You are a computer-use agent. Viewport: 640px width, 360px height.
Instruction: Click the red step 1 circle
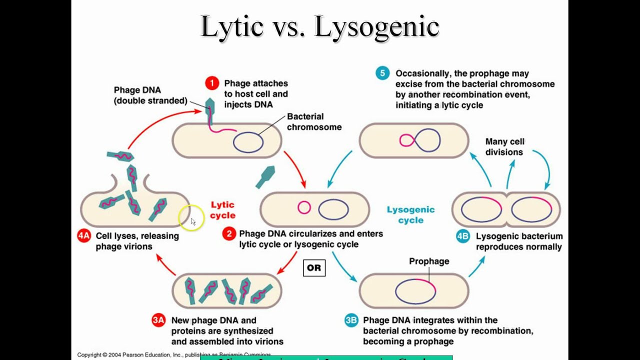coord(212,83)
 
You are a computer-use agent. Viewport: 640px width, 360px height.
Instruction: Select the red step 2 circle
coord(229,233)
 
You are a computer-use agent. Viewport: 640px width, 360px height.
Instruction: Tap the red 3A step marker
coord(158,320)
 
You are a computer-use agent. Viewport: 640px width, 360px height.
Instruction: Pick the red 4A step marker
coord(84,236)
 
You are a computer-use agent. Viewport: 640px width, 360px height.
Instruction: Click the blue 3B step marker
coord(351,320)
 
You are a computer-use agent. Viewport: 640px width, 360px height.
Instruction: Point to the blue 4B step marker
coord(463,236)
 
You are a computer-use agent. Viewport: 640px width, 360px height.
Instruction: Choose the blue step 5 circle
coord(382,73)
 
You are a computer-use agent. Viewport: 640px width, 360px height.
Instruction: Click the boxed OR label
coord(314,268)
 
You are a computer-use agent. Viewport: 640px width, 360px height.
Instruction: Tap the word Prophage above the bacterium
coord(429,261)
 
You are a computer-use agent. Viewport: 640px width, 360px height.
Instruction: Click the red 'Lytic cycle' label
coord(222,210)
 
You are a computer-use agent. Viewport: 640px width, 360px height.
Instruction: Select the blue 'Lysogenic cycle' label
coord(410,215)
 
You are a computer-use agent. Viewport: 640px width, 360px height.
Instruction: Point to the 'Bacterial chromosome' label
coord(314,122)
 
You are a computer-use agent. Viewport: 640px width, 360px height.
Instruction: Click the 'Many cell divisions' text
coord(504,147)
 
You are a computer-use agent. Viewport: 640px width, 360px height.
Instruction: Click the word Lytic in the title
coord(232,27)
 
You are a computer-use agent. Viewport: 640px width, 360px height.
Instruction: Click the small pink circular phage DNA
coord(304,207)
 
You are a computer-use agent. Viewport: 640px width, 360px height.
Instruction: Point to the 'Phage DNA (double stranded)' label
coord(150,95)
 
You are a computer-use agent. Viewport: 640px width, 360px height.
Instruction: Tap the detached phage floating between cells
coord(265,177)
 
